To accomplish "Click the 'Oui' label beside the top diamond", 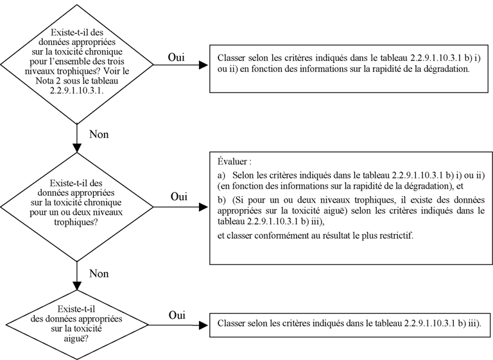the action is point(176,57).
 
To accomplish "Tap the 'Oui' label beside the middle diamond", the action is point(179,196).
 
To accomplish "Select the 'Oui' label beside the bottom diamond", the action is point(177,315).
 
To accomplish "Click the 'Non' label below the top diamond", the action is point(99,134).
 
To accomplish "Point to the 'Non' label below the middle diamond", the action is point(99,273).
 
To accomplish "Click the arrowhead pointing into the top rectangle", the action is point(203,65).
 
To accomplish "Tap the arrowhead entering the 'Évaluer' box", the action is point(203,207).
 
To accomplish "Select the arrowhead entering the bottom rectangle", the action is point(203,325).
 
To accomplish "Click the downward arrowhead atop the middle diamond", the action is point(77,148).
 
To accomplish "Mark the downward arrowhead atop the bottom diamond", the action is point(77,286).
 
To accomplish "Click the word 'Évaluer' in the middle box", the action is point(232,162).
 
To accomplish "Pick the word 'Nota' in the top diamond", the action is point(44,81).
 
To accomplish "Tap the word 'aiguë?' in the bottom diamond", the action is point(76,339).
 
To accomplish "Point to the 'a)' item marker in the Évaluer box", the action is point(221,175).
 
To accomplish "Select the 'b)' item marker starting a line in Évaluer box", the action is point(221,200).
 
